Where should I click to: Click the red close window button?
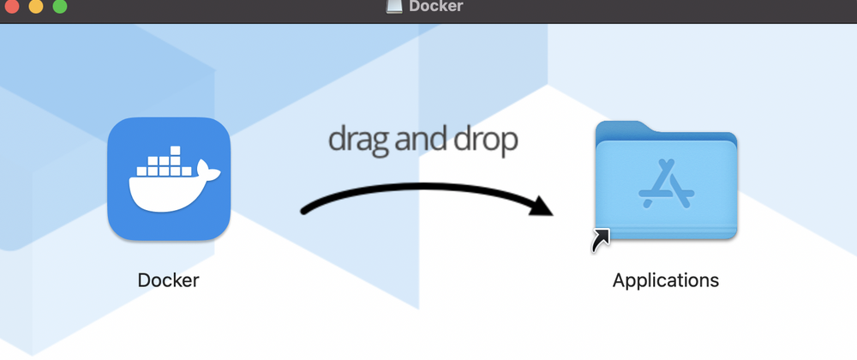[x=12, y=6]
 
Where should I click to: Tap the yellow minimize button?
[x=36, y=6]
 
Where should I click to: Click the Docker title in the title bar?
[x=435, y=6]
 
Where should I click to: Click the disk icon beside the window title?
[x=394, y=5]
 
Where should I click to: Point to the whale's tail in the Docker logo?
[x=209, y=171]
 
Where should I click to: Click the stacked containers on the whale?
[x=165, y=162]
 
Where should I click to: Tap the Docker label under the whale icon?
[x=168, y=280]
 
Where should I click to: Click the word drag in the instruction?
[x=358, y=140]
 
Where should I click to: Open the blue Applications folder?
[x=666, y=180]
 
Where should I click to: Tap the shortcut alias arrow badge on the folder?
[x=600, y=240]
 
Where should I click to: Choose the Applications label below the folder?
[x=666, y=280]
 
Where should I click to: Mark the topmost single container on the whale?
[x=175, y=151]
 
